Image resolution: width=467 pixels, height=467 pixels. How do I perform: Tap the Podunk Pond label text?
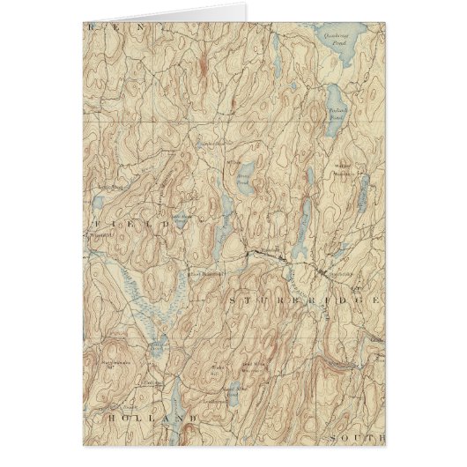click(338, 113)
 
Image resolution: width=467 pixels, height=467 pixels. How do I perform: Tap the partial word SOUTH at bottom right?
click(356, 437)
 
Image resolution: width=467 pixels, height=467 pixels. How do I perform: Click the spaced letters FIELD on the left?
click(132, 228)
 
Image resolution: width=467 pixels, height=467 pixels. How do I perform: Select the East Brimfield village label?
click(208, 275)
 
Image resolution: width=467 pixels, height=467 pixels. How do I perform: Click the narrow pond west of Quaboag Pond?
click(275, 44)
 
